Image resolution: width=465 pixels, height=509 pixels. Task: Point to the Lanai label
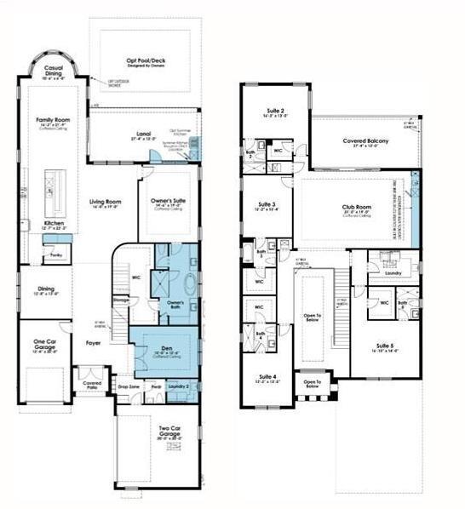click(143, 134)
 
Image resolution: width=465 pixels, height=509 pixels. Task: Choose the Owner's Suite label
click(168, 201)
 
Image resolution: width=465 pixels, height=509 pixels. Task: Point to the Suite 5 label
click(388, 346)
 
